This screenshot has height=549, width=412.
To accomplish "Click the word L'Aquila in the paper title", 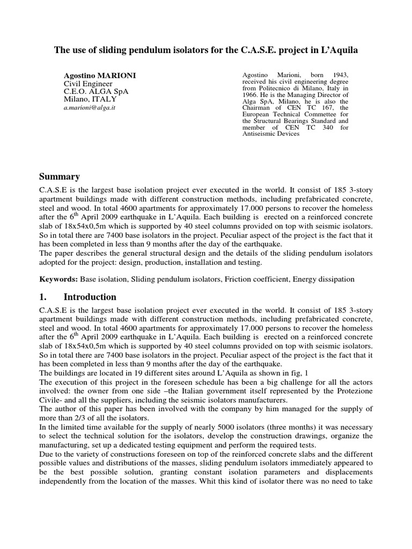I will click(336, 50).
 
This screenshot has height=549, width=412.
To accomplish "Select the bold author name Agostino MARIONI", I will click(100, 76).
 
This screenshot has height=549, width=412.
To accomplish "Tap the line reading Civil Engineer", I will click(88, 84).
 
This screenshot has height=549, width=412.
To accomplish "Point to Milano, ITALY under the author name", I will click(90, 99).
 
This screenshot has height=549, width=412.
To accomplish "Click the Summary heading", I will click(60, 176).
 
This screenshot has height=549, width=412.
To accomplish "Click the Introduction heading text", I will click(90, 296).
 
